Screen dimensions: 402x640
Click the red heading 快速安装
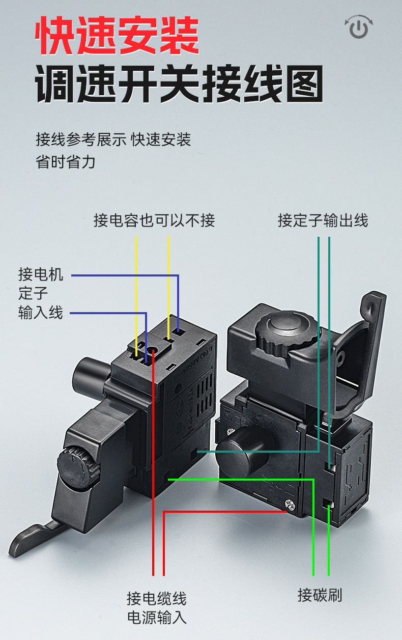(117, 35)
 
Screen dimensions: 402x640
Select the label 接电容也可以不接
(154, 220)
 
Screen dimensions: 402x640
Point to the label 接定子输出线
(323, 220)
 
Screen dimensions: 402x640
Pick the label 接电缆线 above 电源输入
(157, 598)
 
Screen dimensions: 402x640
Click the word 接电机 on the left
(41, 274)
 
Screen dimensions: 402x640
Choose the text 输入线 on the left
(41, 312)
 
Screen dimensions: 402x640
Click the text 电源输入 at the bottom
(157, 618)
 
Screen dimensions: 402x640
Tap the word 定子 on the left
(33, 293)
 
